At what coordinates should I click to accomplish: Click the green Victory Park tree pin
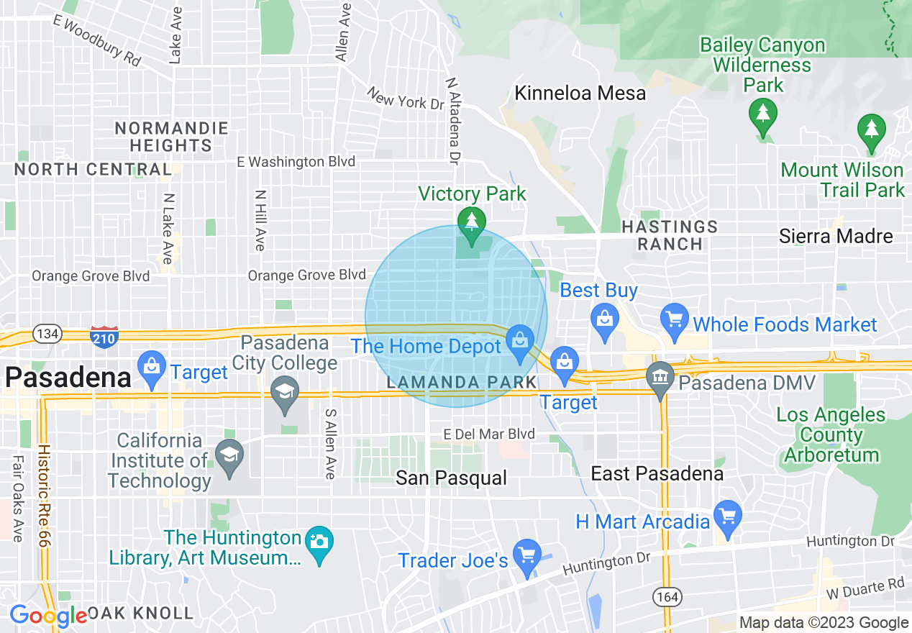pos(471,225)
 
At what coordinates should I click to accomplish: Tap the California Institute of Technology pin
pos(229,457)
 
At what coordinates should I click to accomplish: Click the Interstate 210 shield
pos(104,335)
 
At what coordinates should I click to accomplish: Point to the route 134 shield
pos(49,334)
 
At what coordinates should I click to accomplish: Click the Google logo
pos(48,616)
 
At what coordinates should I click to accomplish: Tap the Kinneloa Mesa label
pos(580,94)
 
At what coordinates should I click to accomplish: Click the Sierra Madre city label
pos(836,236)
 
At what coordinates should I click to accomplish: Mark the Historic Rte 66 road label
pos(44,496)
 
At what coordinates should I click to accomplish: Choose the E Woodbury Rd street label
pos(96,40)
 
